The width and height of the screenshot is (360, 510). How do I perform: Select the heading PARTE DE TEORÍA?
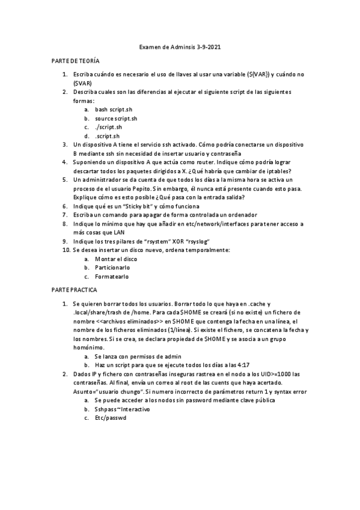[75, 62]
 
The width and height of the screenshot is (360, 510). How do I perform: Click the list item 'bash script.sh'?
[113, 109]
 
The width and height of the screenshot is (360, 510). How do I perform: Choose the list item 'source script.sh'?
[116, 118]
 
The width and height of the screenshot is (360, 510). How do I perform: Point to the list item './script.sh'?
[108, 127]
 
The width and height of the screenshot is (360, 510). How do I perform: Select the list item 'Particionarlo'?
[112, 268]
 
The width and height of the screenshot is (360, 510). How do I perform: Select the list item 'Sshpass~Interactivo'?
[123, 409]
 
